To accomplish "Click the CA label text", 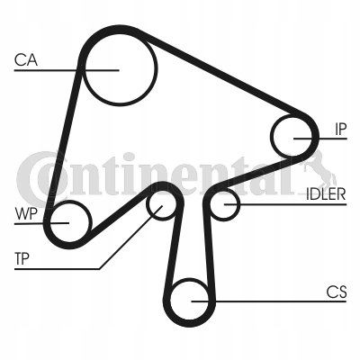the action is [26, 59].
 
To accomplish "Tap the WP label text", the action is [26, 213].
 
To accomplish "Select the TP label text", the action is [22, 258].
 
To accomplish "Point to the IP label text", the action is [341, 129].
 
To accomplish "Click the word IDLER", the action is [326, 194].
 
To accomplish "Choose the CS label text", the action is [337, 292].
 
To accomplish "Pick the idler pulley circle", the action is [239, 204].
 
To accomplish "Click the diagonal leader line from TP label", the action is [130, 237].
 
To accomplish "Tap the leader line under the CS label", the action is [269, 301].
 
